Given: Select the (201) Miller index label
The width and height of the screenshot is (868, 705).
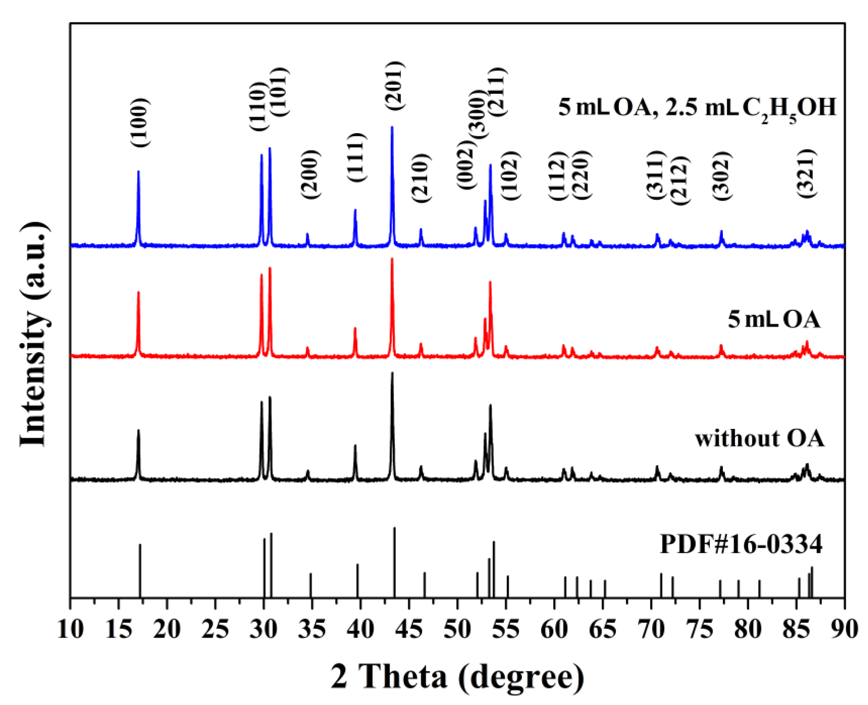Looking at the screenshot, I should pos(395,85).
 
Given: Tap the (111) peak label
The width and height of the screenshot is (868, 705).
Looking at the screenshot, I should pos(357,158).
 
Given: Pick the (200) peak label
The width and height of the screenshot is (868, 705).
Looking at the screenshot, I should pos(311,174).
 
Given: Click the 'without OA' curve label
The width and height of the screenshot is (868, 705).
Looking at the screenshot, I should pos(759,439).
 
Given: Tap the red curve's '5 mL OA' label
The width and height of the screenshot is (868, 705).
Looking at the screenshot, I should pos(774,320).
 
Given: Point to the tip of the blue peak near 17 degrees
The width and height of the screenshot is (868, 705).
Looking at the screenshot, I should pos(138,171).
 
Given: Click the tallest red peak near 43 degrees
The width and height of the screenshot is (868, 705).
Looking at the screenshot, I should pos(392,259).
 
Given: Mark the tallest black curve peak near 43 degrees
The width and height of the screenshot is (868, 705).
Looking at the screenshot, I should pos(392,373).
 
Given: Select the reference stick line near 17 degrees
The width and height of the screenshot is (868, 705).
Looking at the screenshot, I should pos(140,570).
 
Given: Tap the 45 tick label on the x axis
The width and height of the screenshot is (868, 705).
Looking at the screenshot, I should pos(409,630).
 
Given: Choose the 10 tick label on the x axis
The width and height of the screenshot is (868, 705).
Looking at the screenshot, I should pos(70,630).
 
